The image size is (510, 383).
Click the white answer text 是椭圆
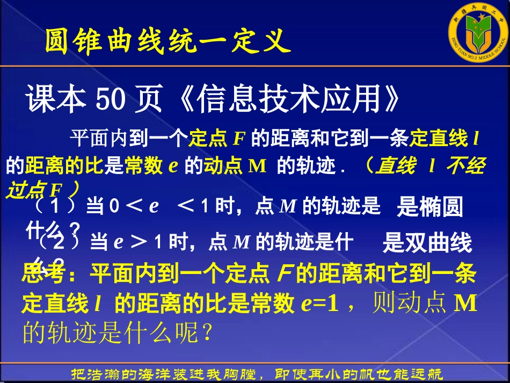(x=429, y=207)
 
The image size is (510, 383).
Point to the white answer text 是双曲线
(x=427, y=243)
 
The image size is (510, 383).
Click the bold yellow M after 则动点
(x=466, y=304)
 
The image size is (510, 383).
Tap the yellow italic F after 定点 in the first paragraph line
(x=239, y=140)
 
